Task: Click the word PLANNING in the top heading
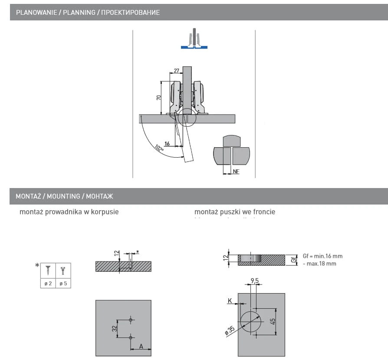pos(79,13)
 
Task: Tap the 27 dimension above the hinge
pos(176,71)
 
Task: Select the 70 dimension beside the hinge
pos(159,98)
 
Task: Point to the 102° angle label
pos(159,149)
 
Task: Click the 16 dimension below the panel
pos(167,143)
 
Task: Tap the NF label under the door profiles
pos(236,172)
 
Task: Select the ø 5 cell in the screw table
pos(63,283)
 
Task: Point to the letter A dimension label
pos(141,346)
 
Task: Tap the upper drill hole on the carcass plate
pos(131,320)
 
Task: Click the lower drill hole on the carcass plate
pos(131,337)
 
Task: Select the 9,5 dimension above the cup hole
pos(255,281)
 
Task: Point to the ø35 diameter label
pos(230,330)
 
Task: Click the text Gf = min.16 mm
pos(322,256)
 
